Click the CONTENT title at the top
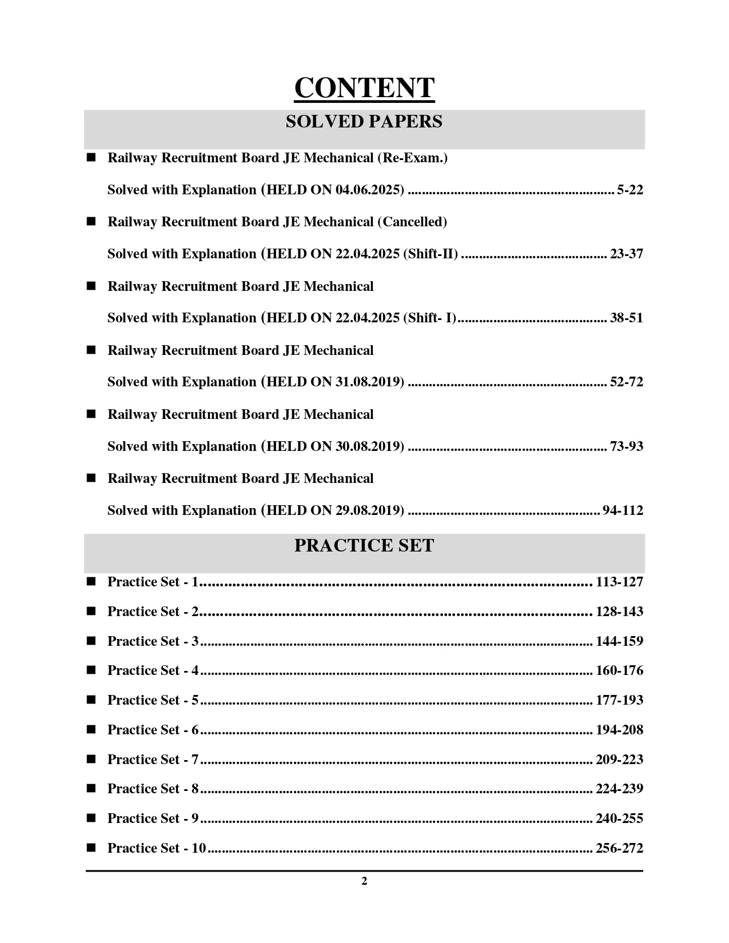(x=364, y=88)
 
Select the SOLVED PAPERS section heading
(x=364, y=122)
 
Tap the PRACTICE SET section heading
(x=364, y=546)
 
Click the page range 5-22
(x=630, y=190)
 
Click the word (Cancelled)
(x=412, y=222)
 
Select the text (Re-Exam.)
(x=412, y=158)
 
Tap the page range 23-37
(x=626, y=254)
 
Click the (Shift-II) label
(x=431, y=254)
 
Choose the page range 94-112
(x=623, y=510)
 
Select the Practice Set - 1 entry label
(x=153, y=582)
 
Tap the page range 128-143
(x=619, y=612)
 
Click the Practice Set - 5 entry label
(x=153, y=700)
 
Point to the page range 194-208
(x=619, y=730)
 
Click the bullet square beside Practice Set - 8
(x=91, y=789)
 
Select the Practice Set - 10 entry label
(x=156, y=848)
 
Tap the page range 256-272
(x=619, y=848)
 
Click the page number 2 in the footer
(x=364, y=881)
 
